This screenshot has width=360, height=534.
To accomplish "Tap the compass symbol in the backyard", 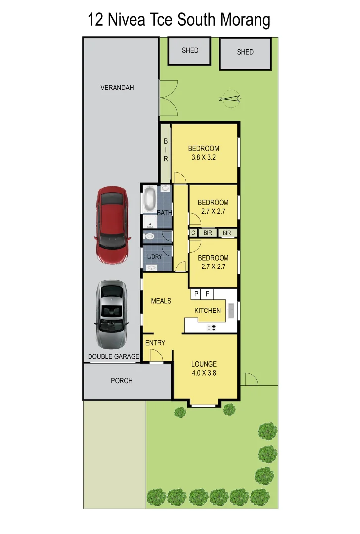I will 230,99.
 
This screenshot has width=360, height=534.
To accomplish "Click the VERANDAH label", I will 117,88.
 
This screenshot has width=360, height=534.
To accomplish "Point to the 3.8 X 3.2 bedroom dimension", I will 203,158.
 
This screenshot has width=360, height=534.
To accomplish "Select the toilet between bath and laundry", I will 149,237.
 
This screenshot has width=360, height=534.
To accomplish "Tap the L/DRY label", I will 154,257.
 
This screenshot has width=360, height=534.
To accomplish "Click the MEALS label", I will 161,301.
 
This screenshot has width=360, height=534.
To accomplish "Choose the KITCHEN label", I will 207,311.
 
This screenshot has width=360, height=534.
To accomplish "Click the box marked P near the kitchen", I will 196,294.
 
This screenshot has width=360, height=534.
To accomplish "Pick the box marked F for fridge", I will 208,294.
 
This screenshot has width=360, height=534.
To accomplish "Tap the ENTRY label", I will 155,343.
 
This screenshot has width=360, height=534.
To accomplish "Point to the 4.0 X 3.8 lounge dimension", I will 204,373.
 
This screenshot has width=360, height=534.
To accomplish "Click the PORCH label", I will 121,381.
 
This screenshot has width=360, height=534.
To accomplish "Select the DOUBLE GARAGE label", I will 114,356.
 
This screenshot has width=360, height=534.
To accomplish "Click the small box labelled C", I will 193,233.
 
